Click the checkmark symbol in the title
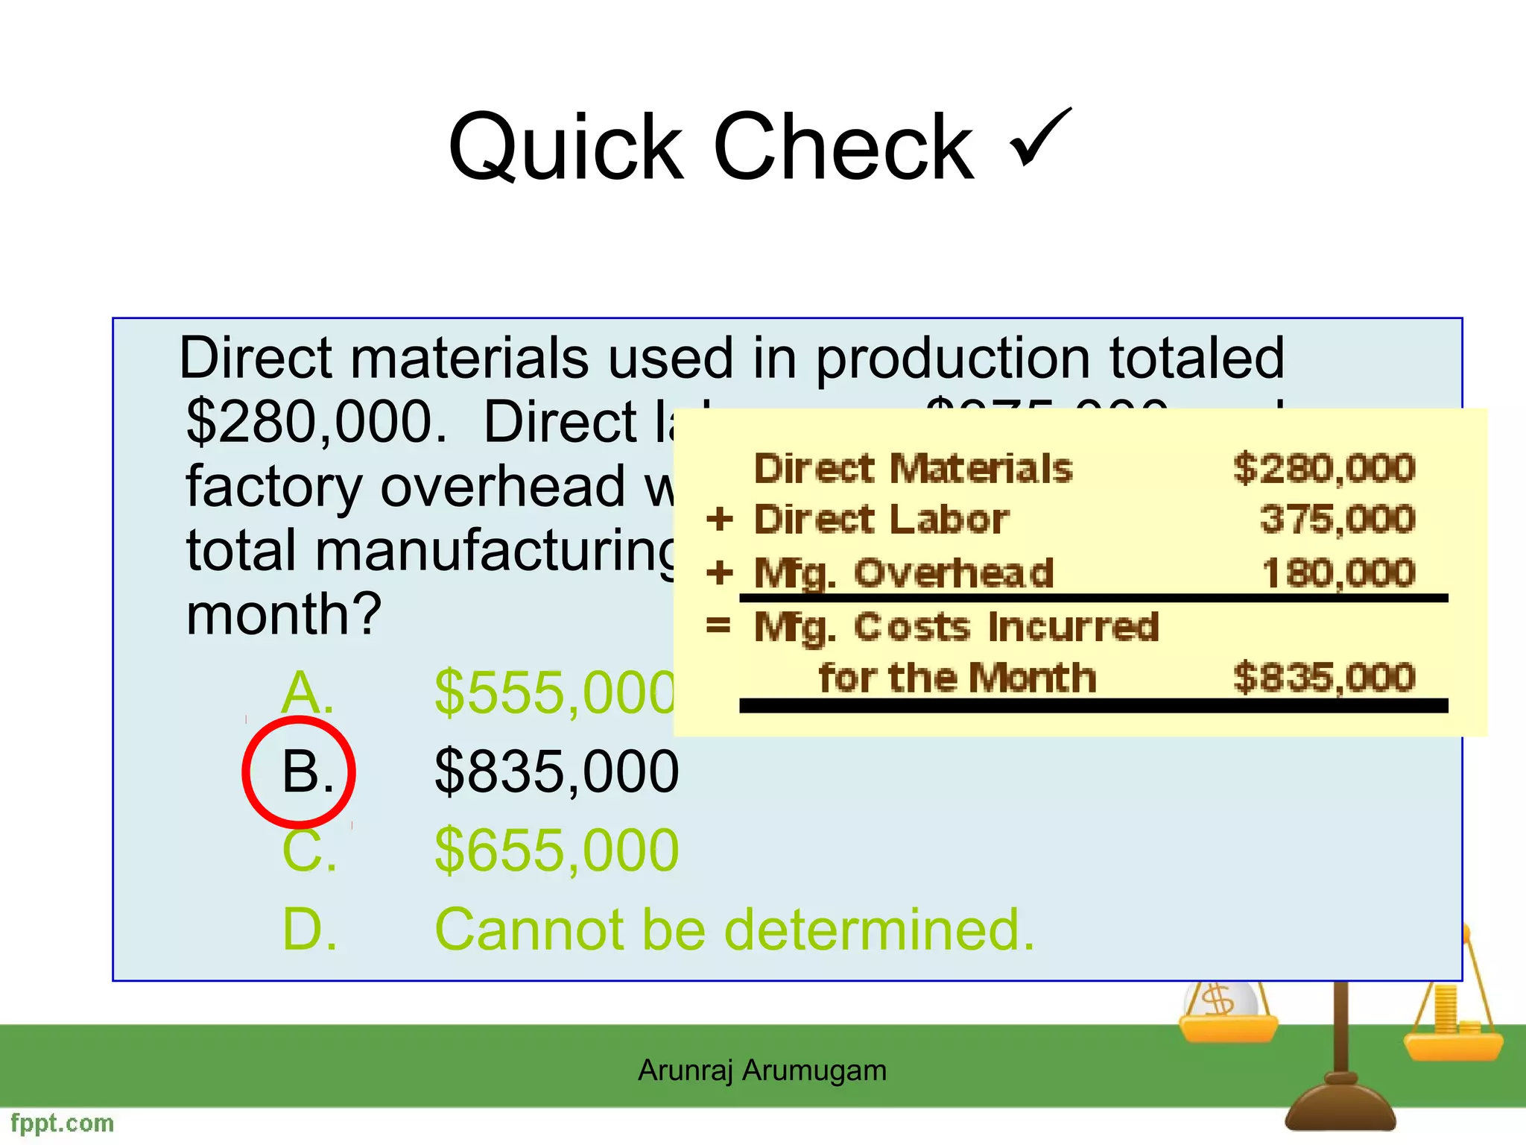[x=1040, y=138]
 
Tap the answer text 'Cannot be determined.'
[x=734, y=930]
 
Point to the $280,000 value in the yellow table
[x=1323, y=469]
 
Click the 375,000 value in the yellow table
[x=1337, y=519]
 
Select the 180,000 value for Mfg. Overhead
[x=1338, y=573]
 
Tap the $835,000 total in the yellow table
[x=1323, y=678]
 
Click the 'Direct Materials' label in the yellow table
[x=913, y=469]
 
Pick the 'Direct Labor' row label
[x=881, y=519]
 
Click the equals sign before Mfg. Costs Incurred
[x=718, y=625]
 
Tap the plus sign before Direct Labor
[x=720, y=519]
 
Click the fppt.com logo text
[x=63, y=1123]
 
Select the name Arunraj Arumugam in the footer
[x=762, y=1070]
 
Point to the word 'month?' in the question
[x=284, y=614]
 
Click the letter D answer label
[x=308, y=930]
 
